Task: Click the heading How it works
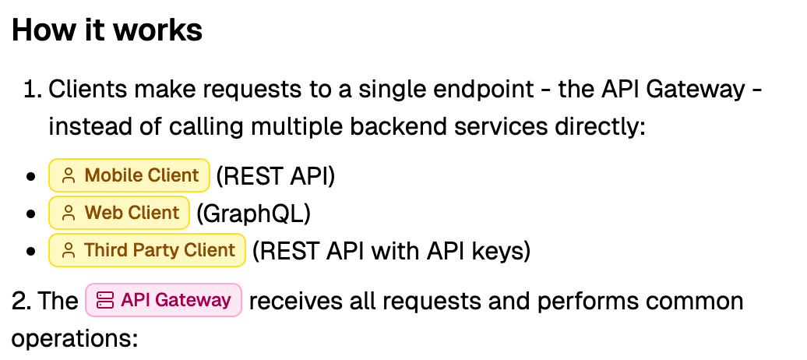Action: pyautogui.click(x=107, y=30)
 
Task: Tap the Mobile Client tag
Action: pyautogui.click(x=129, y=175)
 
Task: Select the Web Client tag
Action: pyautogui.click(x=119, y=213)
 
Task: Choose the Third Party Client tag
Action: pyautogui.click(x=147, y=250)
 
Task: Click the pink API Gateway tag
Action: pyautogui.click(x=164, y=300)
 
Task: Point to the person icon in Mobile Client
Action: pyautogui.click(x=69, y=176)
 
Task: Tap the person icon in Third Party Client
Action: pyautogui.click(x=69, y=251)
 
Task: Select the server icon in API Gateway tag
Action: pyautogui.click(x=105, y=301)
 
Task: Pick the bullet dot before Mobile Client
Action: pyautogui.click(x=31, y=177)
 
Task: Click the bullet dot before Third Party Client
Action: pyautogui.click(x=31, y=252)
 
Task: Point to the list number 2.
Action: pyautogui.click(x=21, y=301)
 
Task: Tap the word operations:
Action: pyautogui.click(x=74, y=338)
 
